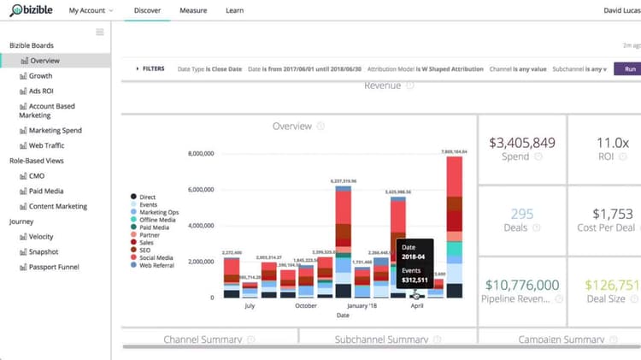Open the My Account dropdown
coord(91,11)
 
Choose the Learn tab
coord(233,11)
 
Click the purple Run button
coord(629,68)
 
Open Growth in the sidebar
coord(40,76)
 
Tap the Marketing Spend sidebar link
coord(56,131)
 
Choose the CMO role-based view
coord(38,176)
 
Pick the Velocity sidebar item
coord(41,237)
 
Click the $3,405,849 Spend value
coord(522,142)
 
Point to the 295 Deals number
coord(522,213)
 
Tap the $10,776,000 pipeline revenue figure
coord(522,285)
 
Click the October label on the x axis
coord(305,305)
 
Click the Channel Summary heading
coord(203,339)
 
